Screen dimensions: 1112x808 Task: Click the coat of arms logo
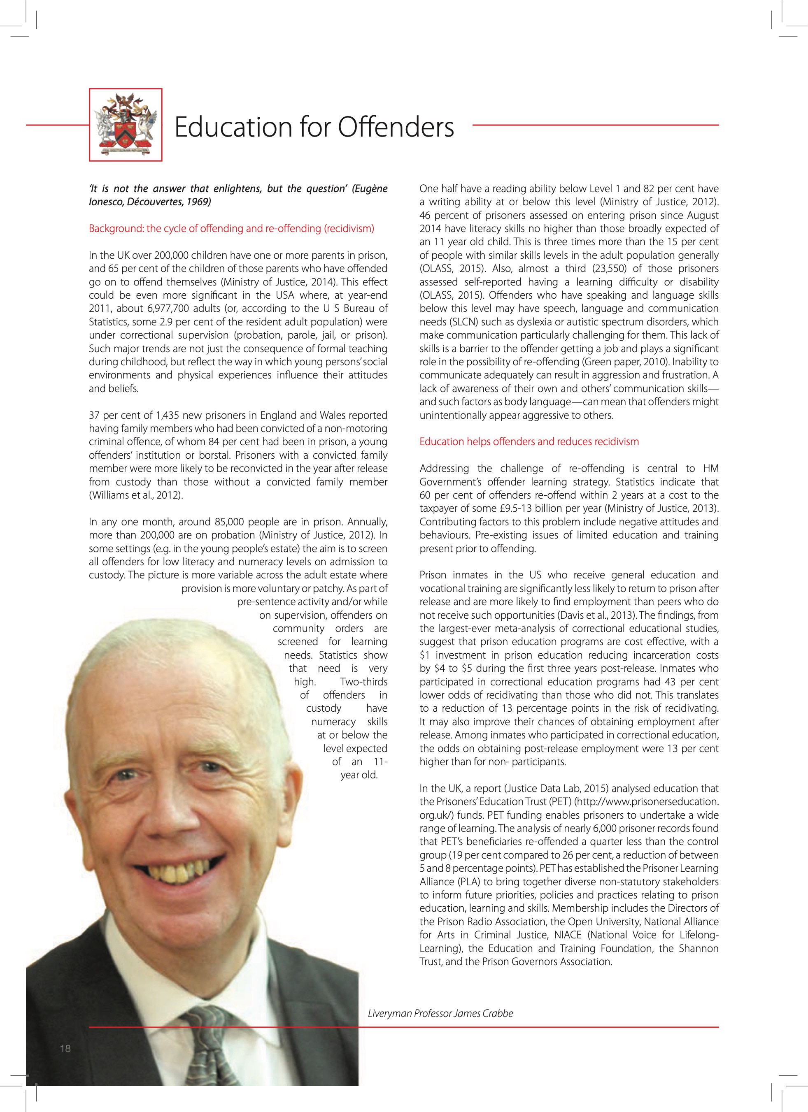(x=126, y=125)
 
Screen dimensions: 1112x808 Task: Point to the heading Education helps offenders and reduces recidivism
(x=529, y=442)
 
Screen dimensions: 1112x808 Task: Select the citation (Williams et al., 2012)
(x=136, y=495)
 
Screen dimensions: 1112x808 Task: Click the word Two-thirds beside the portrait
(x=363, y=682)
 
